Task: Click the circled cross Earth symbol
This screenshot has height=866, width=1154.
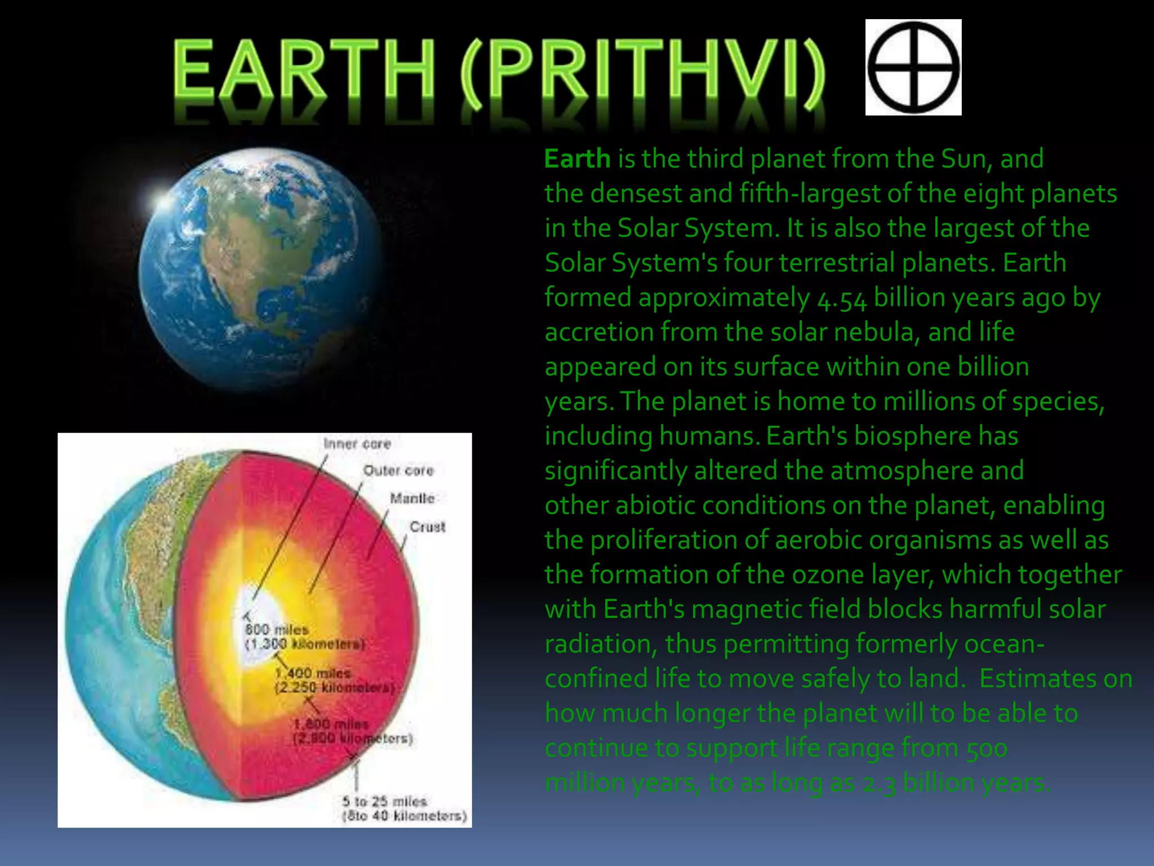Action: (x=913, y=67)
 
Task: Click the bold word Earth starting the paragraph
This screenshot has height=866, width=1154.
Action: (x=577, y=159)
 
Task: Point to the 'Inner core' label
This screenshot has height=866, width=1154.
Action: (x=357, y=444)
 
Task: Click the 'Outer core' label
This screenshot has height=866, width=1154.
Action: (x=398, y=470)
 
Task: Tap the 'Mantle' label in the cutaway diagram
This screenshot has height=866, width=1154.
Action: (x=412, y=498)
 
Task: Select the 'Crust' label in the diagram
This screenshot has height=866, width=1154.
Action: (x=427, y=527)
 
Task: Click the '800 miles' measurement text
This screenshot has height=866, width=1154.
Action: (x=277, y=629)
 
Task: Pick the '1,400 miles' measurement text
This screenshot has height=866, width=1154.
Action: (x=313, y=673)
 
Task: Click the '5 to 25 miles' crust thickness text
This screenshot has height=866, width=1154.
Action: (x=385, y=801)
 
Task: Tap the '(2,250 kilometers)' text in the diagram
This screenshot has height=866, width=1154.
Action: (x=335, y=688)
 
